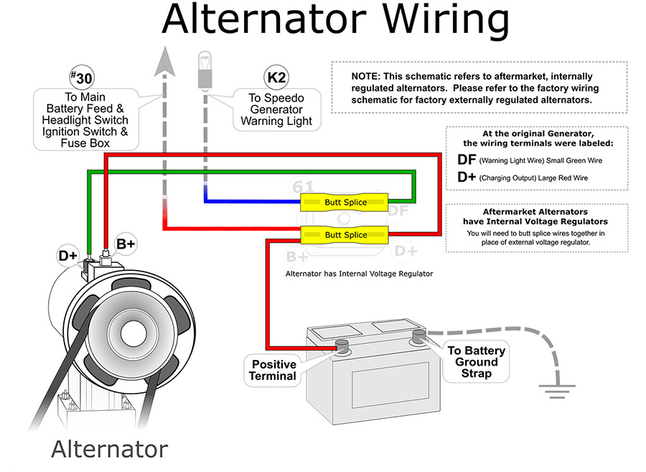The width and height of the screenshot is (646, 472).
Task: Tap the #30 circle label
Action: click(81, 77)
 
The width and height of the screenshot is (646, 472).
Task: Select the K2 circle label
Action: click(276, 77)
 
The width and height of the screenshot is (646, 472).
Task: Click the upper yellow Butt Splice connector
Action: click(345, 202)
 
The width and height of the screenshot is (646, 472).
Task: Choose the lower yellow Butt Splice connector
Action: click(345, 234)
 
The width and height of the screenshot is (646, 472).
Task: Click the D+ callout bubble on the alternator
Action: click(68, 255)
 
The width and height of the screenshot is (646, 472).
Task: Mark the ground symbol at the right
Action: click(553, 392)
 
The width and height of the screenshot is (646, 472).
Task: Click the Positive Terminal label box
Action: click(273, 370)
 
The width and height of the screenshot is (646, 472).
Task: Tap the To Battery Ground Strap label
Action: click(476, 361)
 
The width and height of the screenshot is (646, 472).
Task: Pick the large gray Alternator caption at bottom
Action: click(109, 449)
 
